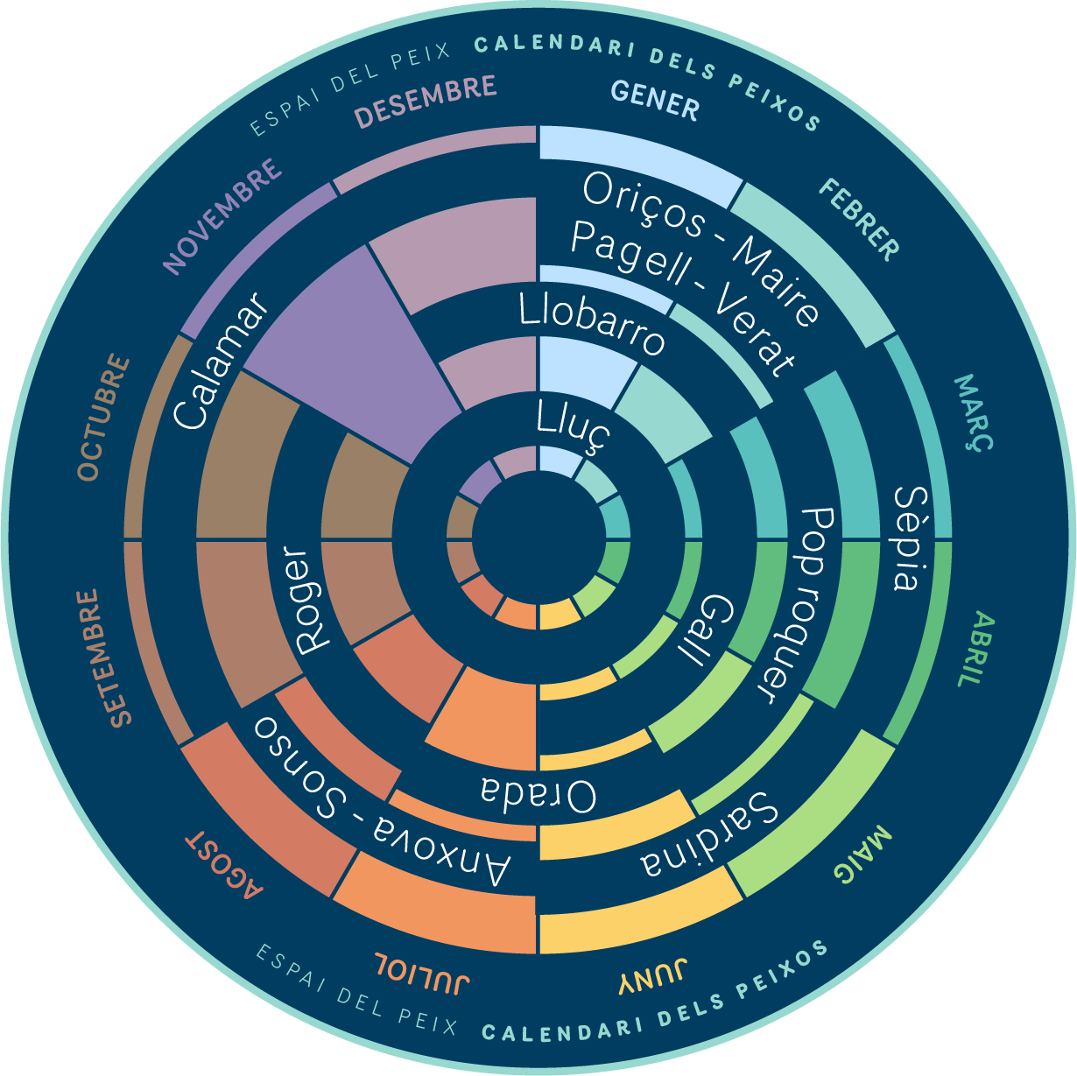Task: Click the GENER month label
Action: click(x=654, y=101)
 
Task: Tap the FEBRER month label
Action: click(x=859, y=219)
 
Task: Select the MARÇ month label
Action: click(x=972, y=412)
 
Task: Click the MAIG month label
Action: click(x=862, y=854)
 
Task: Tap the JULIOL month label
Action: click(x=422, y=971)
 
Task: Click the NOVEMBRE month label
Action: click(x=222, y=217)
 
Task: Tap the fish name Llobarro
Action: click(x=592, y=323)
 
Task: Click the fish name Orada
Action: click(x=538, y=792)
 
